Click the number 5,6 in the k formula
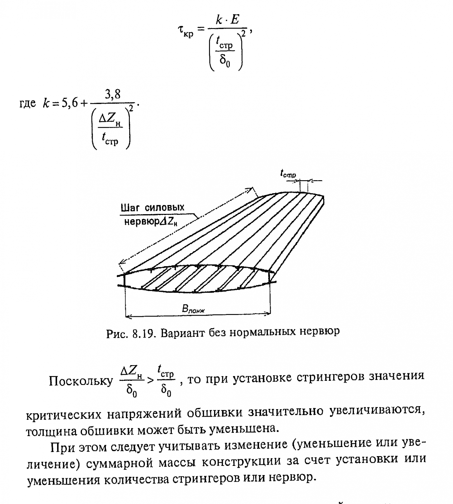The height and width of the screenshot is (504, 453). [x=70, y=103]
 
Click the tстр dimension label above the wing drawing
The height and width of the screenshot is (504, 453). [x=288, y=173]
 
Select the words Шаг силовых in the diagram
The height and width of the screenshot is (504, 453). [x=153, y=208]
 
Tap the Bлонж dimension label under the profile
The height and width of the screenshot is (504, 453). [x=193, y=309]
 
